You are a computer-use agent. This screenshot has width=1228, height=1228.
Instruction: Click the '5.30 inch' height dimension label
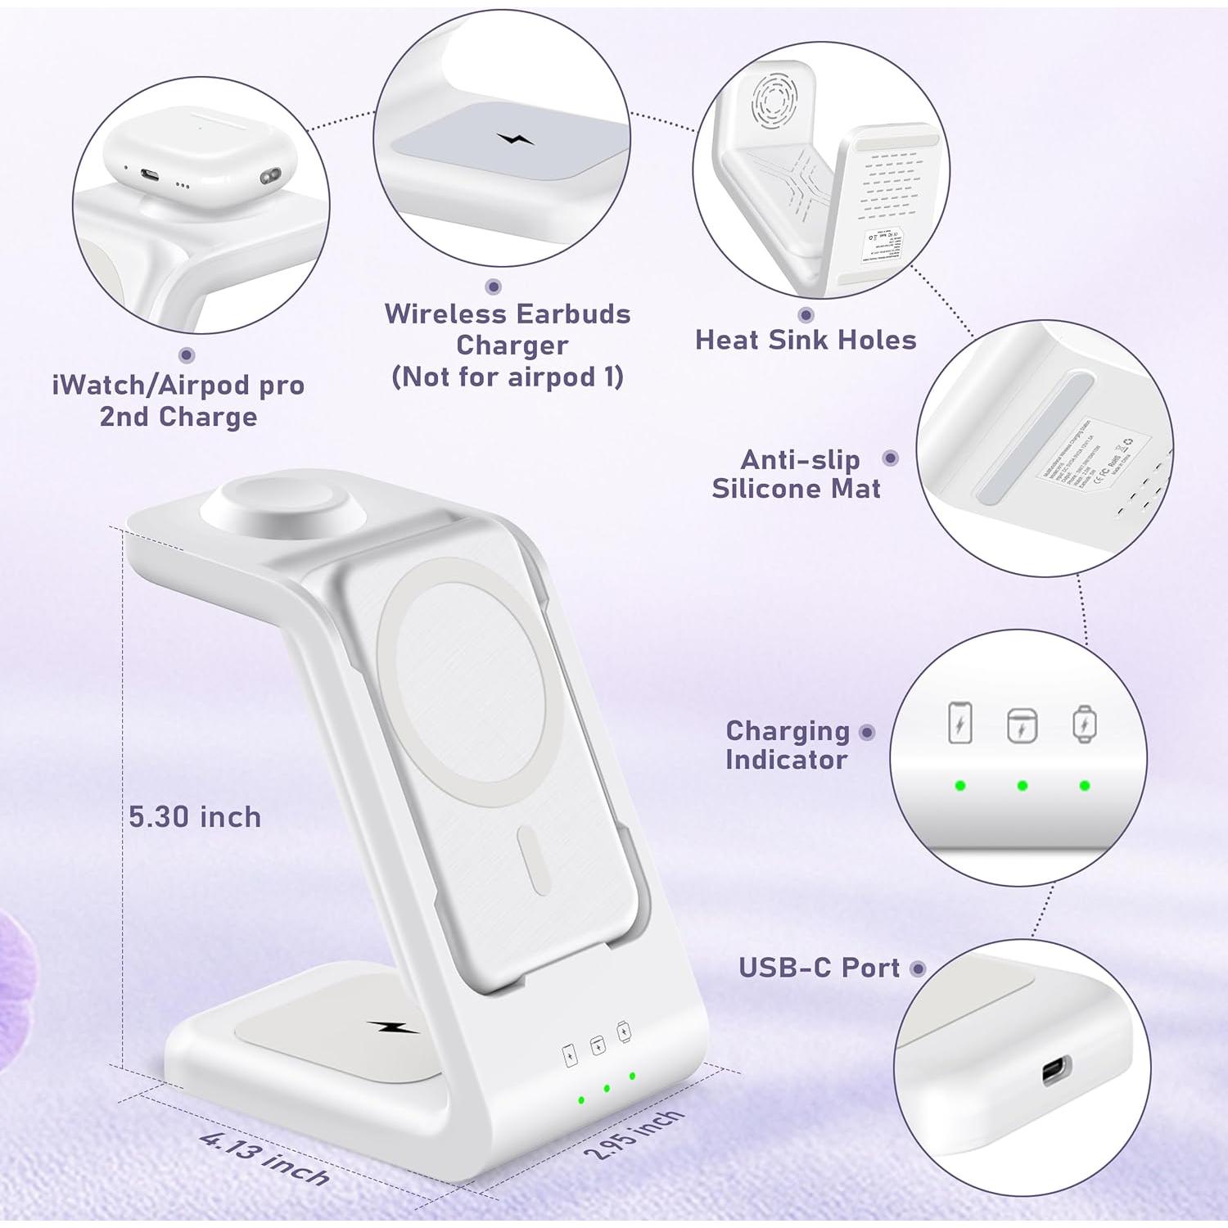[x=195, y=817]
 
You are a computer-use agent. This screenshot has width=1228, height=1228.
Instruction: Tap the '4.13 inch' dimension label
[x=264, y=1158]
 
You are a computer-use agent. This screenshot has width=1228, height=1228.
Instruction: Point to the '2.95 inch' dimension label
[x=634, y=1134]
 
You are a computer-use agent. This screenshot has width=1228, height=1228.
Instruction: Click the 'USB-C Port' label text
[x=819, y=968]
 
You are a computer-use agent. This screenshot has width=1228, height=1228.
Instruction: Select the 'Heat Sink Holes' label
[x=806, y=340]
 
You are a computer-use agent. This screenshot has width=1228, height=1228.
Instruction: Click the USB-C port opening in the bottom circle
[x=1055, y=1071]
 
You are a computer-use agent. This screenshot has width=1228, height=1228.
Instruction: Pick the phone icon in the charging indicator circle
[x=959, y=723]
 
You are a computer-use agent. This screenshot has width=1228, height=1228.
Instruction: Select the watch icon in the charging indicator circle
[x=1084, y=724]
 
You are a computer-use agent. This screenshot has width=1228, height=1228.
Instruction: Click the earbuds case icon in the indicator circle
[x=1022, y=725]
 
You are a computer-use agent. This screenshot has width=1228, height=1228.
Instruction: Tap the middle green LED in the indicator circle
[x=1022, y=786]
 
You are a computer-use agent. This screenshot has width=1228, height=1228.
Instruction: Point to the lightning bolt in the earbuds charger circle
[x=515, y=138]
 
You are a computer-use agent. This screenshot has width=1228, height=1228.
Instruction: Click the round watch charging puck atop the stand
[x=273, y=507]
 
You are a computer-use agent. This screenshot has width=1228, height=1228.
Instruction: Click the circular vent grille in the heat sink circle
[x=774, y=99]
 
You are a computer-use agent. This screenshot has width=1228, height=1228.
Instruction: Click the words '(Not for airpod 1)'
[x=508, y=377]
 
